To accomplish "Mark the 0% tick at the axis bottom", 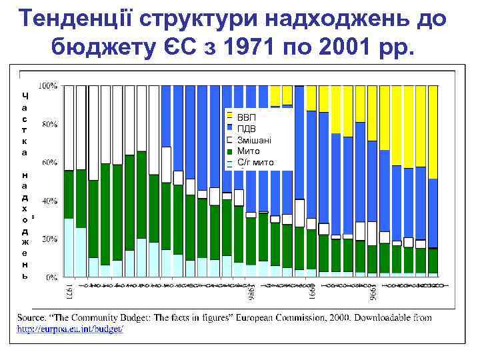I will (x=51, y=276).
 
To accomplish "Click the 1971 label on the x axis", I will (x=69, y=290).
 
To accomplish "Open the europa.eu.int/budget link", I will (x=70, y=329).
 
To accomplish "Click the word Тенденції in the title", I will (x=79, y=20).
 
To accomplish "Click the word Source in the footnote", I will (x=32, y=318).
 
